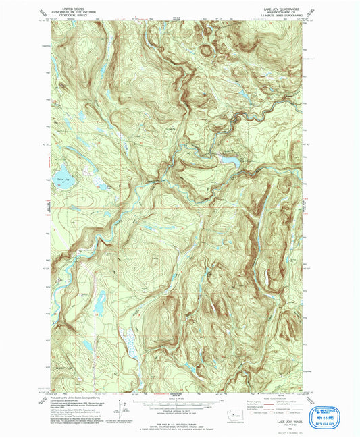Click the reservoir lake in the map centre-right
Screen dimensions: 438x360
pyautogui.click(x=226, y=159)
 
